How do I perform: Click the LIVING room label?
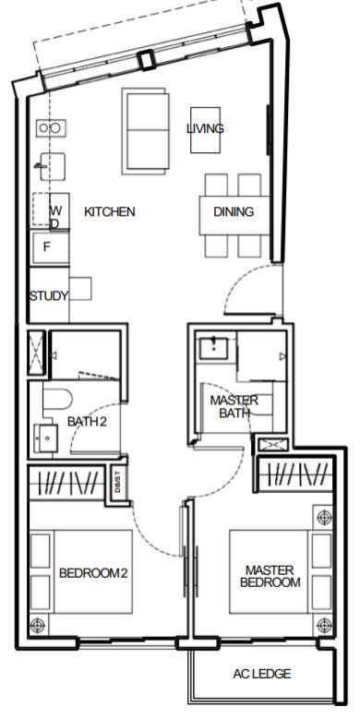(205, 128)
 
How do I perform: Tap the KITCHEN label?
(110, 212)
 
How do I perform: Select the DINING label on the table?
(234, 212)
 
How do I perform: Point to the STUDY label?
(49, 295)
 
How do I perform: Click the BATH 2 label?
(87, 422)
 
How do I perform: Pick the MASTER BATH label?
(234, 406)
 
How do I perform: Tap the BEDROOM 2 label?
(93, 573)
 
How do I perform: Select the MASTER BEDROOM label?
(270, 576)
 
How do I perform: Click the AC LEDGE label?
(261, 674)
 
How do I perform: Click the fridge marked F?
(50, 247)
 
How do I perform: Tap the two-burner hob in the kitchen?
(51, 128)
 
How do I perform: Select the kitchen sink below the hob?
(52, 166)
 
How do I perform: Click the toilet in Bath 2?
(57, 400)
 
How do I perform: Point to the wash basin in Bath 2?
(45, 438)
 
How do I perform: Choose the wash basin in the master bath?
(214, 349)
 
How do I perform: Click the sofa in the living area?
(145, 131)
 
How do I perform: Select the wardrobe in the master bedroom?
(295, 473)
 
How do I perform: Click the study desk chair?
(80, 289)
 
